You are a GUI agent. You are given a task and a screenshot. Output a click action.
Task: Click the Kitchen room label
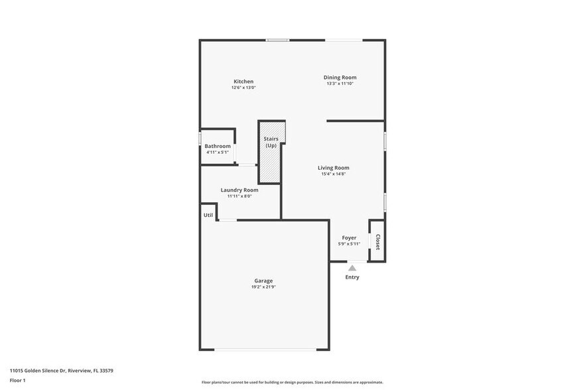(x=243, y=82)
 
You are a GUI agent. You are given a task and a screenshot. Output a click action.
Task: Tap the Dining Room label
(x=340, y=78)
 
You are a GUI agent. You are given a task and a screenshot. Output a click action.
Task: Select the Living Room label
(x=333, y=168)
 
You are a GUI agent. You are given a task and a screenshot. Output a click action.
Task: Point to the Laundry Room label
(x=239, y=190)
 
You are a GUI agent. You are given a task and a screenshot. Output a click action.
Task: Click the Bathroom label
(x=218, y=146)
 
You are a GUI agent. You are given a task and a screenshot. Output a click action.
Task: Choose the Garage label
(x=263, y=281)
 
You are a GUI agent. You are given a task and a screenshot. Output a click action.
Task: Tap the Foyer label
(x=349, y=237)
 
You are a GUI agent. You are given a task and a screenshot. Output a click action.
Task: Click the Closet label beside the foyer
(x=377, y=242)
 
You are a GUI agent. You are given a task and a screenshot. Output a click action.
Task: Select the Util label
(x=208, y=215)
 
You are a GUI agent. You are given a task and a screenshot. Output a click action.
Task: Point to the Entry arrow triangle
(x=352, y=268)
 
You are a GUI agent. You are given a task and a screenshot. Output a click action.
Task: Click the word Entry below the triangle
(x=352, y=277)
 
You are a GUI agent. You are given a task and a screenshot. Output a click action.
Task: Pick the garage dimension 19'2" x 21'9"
(x=263, y=287)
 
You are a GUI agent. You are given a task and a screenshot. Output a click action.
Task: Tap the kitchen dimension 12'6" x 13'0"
(x=243, y=88)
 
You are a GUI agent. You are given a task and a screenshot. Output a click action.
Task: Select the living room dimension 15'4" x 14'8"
(x=333, y=174)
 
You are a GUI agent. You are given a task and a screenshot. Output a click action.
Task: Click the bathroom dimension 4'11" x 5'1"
(x=218, y=153)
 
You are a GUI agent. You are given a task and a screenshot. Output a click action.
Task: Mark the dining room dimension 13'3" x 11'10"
(x=340, y=84)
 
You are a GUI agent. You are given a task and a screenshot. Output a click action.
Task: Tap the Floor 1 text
(x=17, y=380)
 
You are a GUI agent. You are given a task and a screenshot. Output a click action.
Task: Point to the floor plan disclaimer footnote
(x=292, y=382)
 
